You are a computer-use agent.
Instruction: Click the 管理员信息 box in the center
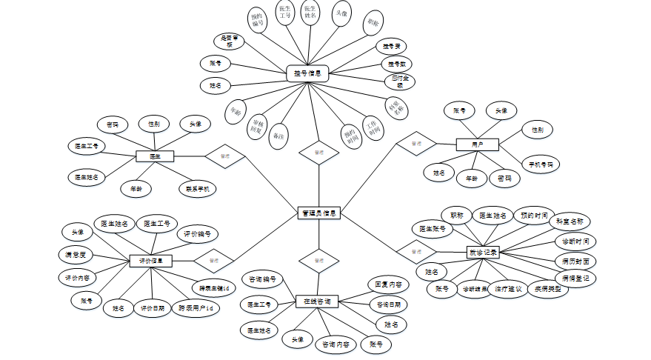[x=319, y=213]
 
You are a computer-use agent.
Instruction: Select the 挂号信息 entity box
[x=307, y=73]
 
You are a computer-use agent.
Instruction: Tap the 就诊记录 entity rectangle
[x=483, y=252]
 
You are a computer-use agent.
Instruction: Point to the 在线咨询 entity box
[x=318, y=301]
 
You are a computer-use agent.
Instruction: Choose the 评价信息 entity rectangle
[x=150, y=261]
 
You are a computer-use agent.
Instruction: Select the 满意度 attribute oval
[x=76, y=255]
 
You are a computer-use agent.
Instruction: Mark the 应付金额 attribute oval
[x=399, y=81]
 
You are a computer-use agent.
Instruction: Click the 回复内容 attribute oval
[x=388, y=284]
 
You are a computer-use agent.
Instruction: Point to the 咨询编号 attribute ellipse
[x=263, y=279]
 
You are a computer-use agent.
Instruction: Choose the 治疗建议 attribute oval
[x=508, y=289]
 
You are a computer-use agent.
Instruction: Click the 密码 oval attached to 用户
[x=504, y=179]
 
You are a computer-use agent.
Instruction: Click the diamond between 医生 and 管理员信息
[x=224, y=156]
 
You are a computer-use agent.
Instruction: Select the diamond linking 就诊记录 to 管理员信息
[x=415, y=252]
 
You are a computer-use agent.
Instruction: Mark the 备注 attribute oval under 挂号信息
[x=279, y=136]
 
